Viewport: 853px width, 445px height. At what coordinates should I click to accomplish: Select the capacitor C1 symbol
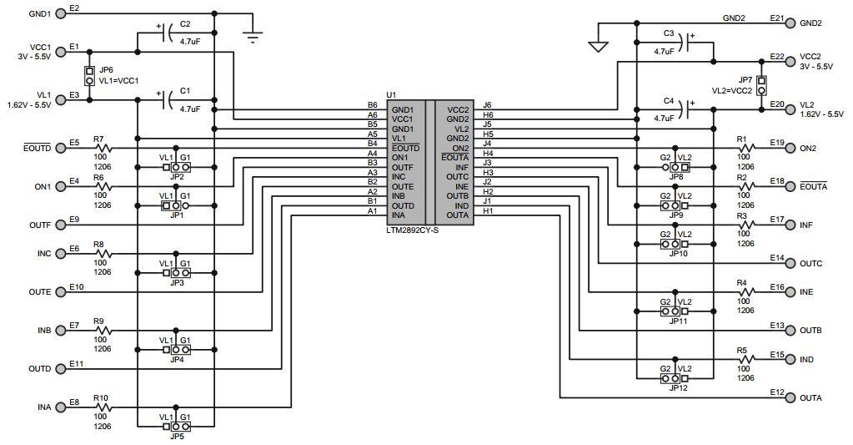(x=170, y=100)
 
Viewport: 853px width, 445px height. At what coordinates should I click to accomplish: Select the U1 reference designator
(x=391, y=97)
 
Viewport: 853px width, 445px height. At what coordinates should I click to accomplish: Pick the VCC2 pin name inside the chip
(x=458, y=109)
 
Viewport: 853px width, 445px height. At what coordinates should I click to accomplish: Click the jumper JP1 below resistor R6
(x=176, y=205)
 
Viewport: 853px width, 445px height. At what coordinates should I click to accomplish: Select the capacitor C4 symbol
(x=685, y=108)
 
